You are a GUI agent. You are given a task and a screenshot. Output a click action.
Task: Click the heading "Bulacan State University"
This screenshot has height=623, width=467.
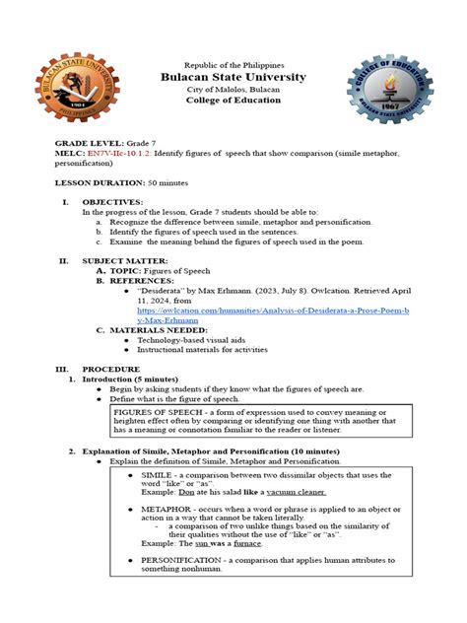pos(233,77)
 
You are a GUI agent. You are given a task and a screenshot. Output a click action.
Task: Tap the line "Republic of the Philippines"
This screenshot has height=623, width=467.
pos(233,61)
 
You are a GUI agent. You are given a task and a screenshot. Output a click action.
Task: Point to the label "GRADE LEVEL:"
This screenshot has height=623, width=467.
pos(85,144)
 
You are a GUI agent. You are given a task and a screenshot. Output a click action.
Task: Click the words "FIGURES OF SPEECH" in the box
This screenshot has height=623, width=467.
pos(159,411)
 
